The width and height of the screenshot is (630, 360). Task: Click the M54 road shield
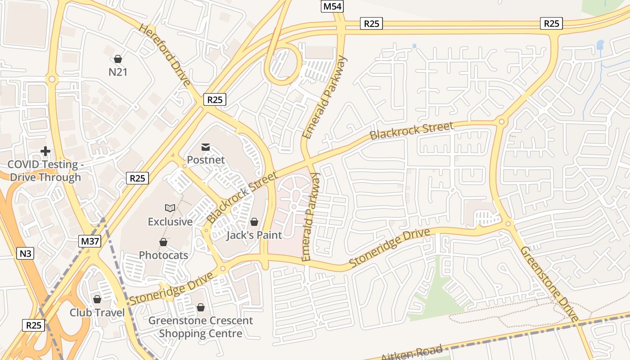pyautogui.click(x=332, y=6)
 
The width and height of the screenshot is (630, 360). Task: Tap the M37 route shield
pyautogui.click(x=90, y=241)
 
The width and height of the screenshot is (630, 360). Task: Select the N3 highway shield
pyautogui.click(x=26, y=253)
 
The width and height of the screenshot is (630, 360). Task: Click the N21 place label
pyautogui.click(x=118, y=72)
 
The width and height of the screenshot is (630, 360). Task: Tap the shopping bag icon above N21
pyautogui.click(x=118, y=59)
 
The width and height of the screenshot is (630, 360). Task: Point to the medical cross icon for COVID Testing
pyautogui.click(x=45, y=151)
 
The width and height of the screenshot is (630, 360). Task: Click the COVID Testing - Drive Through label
pyautogui.click(x=45, y=171)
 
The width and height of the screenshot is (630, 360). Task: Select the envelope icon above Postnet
pyautogui.click(x=206, y=147)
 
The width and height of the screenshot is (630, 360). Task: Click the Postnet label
pyautogui.click(x=206, y=160)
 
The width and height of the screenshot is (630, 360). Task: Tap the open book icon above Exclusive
pyautogui.click(x=170, y=208)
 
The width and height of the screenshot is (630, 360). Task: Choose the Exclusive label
pyautogui.click(x=170, y=221)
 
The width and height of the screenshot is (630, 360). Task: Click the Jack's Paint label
pyautogui.click(x=254, y=235)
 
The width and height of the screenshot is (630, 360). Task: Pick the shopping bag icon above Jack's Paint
pyautogui.click(x=254, y=221)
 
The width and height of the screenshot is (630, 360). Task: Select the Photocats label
pyautogui.click(x=163, y=255)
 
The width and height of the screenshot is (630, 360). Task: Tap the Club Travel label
pyautogui.click(x=97, y=312)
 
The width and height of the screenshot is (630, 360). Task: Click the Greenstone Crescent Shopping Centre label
pyautogui.click(x=201, y=327)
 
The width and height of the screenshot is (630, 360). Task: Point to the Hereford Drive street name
pyautogui.click(x=164, y=55)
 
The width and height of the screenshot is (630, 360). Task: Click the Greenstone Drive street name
pyautogui.click(x=549, y=284)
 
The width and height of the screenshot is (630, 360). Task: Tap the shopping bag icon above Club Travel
pyautogui.click(x=97, y=299)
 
